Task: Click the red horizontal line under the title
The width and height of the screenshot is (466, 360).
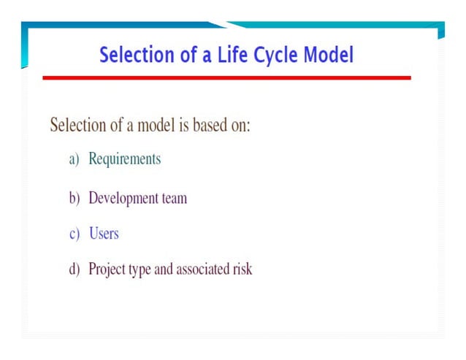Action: [x=226, y=77]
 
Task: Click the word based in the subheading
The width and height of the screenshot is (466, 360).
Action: [x=209, y=125]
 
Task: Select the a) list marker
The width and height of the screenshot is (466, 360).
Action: [x=74, y=159]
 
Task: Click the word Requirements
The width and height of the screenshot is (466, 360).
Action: [x=124, y=159]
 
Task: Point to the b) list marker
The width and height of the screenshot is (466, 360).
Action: [x=74, y=198]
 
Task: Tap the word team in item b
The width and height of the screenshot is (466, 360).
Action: [x=174, y=198]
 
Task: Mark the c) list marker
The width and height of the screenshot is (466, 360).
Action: [x=74, y=234]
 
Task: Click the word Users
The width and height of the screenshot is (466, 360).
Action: [x=104, y=234]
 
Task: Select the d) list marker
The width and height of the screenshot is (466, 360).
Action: [x=74, y=269]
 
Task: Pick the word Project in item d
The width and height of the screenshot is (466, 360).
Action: [x=107, y=269]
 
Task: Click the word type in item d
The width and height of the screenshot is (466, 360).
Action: [x=140, y=270]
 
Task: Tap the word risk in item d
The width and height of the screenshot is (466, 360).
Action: [x=243, y=269]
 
